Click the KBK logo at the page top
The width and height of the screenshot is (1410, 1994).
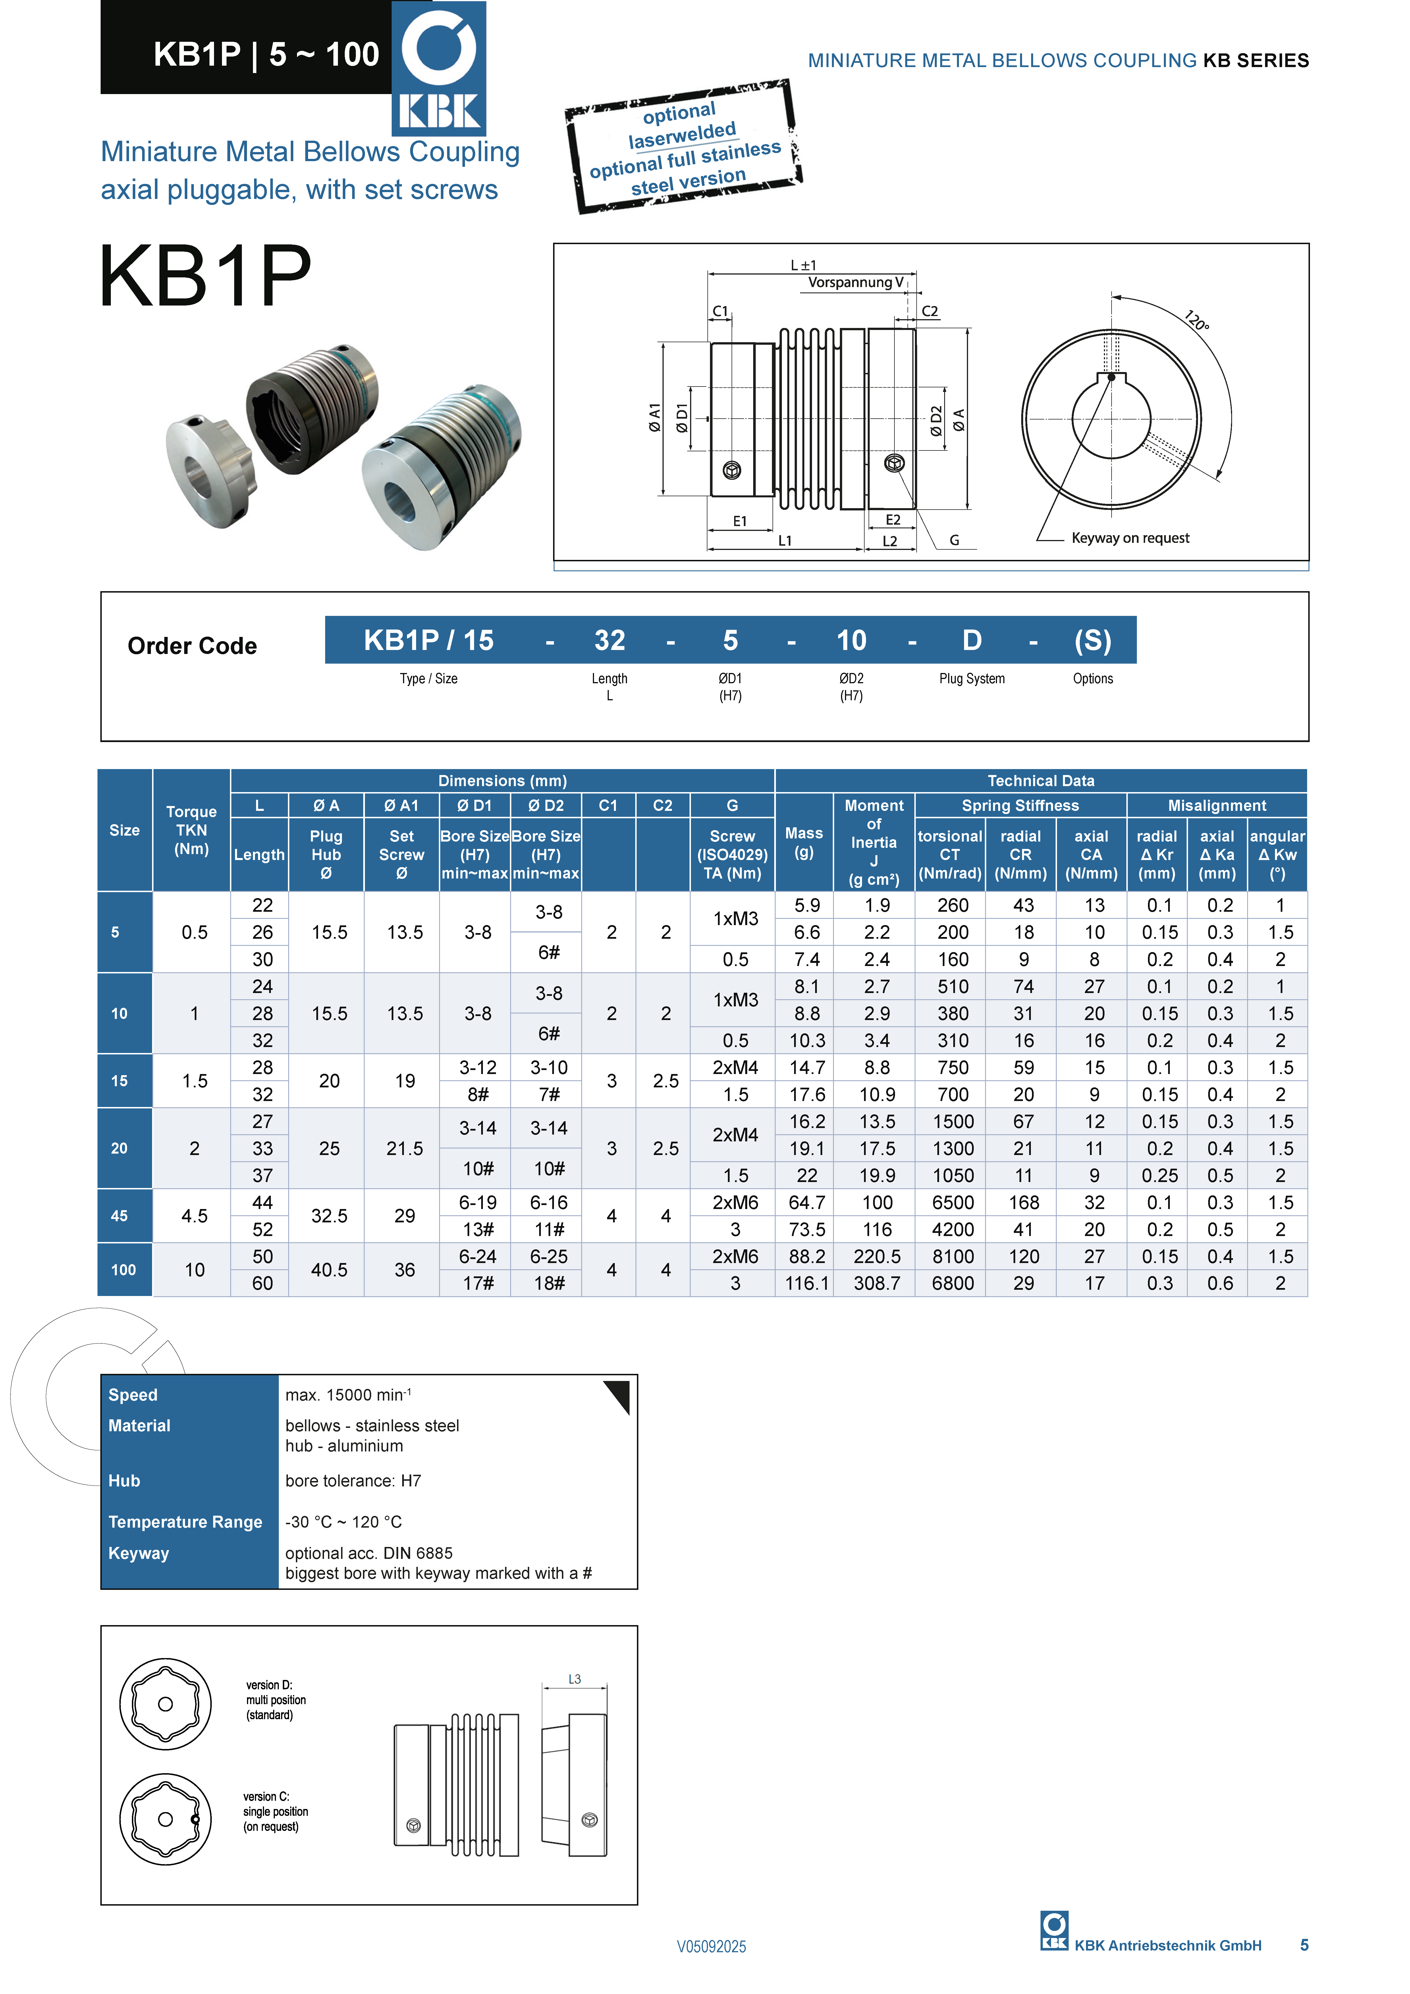coord(439,68)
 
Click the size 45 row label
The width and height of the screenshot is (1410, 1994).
coord(120,1216)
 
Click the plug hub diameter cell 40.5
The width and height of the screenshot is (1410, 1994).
coord(329,1270)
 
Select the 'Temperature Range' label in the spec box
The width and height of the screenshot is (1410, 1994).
coord(185,1522)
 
